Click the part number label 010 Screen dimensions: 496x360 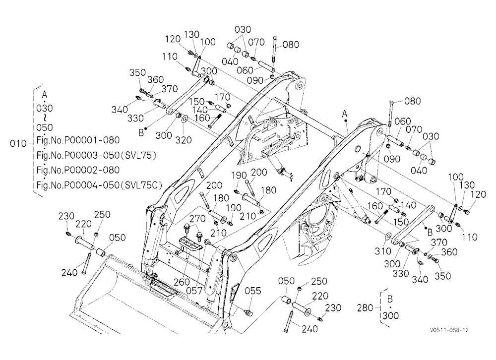(x=18, y=144)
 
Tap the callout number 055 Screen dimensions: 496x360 (x=253, y=291)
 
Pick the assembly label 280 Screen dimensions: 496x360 (x=365, y=307)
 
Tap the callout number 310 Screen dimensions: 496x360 (x=383, y=251)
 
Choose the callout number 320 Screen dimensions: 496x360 (x=184, y=139)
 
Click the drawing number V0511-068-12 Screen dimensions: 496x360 (x=449, y=330)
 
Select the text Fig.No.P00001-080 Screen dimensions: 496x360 (x=78, y=140)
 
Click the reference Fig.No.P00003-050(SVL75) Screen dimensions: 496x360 (x=97, y=155)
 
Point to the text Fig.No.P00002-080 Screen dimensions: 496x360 (x=78, y=170)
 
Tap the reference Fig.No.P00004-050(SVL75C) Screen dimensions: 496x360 (x=99, y=185)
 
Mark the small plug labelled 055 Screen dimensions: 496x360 (x=248, y=312)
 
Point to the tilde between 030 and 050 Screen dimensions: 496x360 (x=45, y=118)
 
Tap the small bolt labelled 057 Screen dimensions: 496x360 (x=207, y=242)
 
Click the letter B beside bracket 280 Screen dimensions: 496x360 (x=390, y=299)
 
